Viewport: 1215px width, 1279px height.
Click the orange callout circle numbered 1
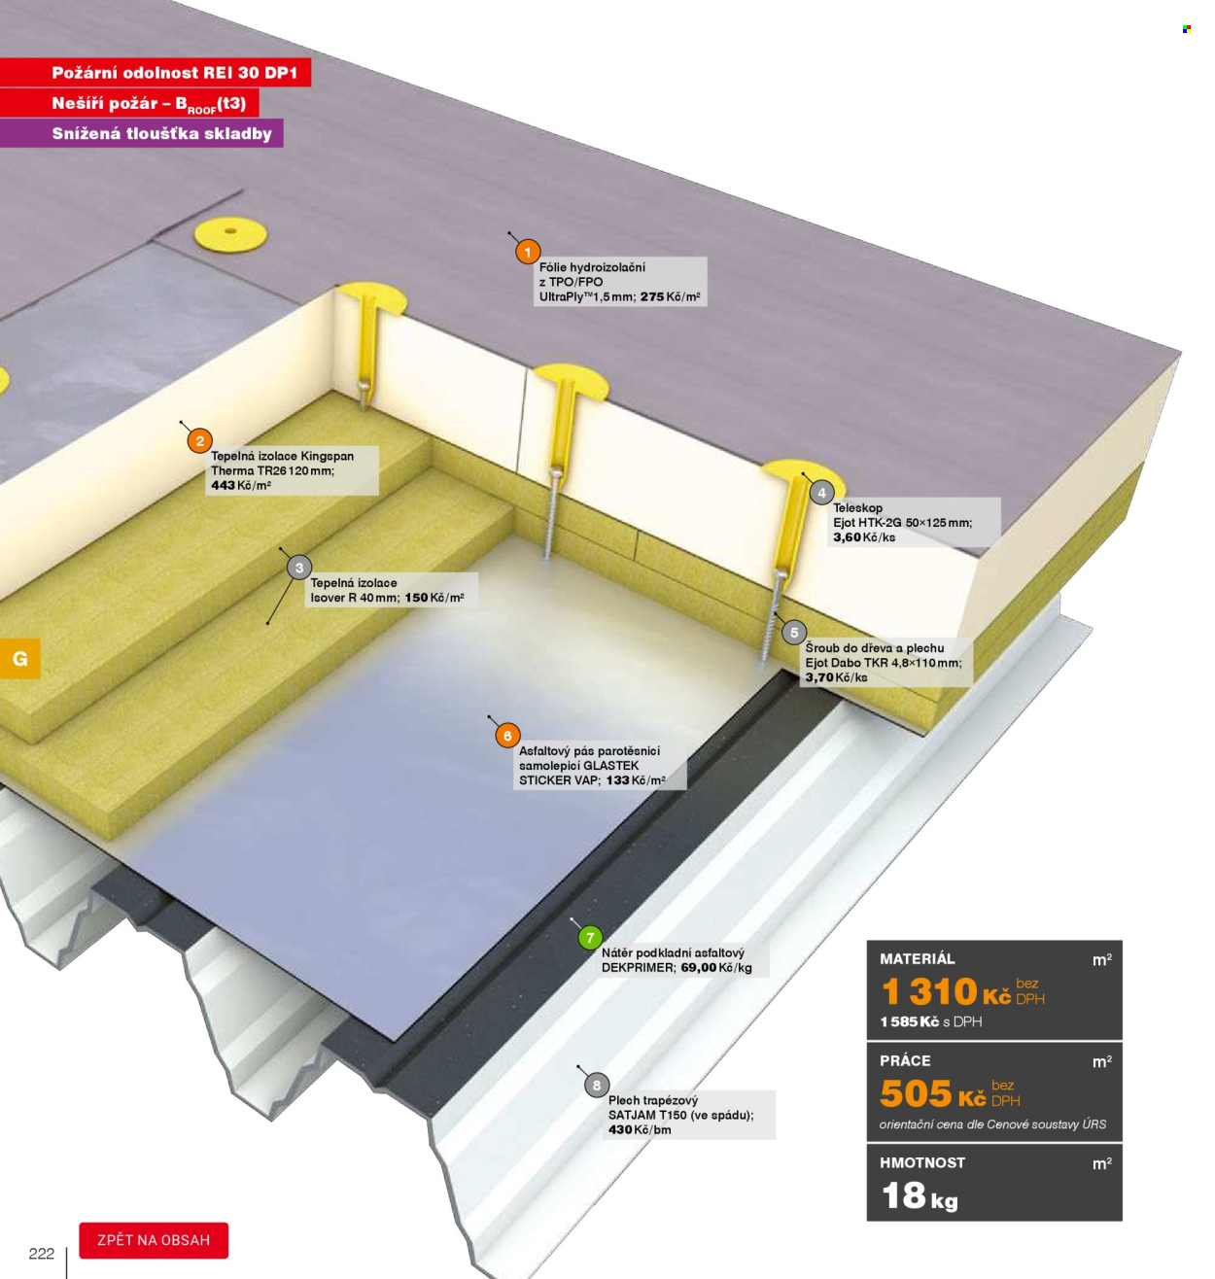coord(528,252)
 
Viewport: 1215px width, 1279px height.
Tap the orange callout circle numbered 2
coord(200,441)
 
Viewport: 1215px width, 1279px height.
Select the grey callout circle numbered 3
coord(299,568)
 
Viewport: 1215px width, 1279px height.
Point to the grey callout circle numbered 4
coord(821,493)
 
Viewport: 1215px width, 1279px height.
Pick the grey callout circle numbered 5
coord(794,632)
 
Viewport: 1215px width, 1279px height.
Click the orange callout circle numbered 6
coord(507,736)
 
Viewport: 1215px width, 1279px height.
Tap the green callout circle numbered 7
coord(590,938)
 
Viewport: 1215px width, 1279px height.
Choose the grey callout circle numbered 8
coord(597,1086)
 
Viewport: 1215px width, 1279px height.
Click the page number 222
coord(42,1254)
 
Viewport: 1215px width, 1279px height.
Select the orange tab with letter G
coord(20,659)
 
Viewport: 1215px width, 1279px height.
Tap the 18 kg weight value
coord(920,1195)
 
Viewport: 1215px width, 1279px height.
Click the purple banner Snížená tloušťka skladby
coord(141,133)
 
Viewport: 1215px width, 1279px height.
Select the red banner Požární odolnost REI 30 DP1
coord(156,72)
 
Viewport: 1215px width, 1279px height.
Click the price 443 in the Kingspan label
coord(223,485)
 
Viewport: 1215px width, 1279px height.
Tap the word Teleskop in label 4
coord(857,507)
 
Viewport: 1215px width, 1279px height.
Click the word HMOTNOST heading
coord(922,1162)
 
